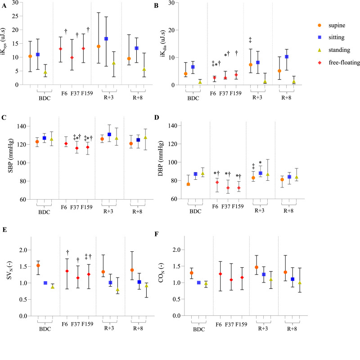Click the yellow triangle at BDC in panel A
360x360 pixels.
pyautogui.click(x=45, y=72)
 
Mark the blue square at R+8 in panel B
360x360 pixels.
pyautogui.click(x=286, y=57)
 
